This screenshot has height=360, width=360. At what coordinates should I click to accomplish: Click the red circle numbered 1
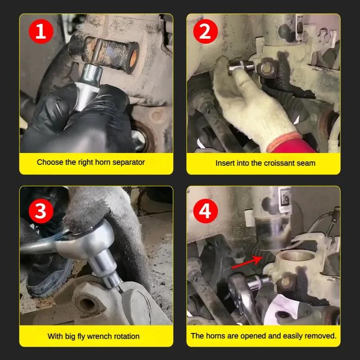[41, 31]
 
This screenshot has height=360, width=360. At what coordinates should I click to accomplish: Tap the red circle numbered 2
[206, 31]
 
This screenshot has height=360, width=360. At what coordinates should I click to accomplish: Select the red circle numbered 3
[41, 211]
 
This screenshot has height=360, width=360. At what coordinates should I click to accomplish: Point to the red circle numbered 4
[206, 211]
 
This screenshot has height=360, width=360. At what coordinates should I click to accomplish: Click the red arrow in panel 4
[247, 262]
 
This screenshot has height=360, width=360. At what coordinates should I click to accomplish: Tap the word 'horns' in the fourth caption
[216, 336]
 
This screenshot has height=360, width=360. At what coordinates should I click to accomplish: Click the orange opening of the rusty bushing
[133, 58]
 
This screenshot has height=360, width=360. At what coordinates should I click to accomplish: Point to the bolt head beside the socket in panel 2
[268, 68]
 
